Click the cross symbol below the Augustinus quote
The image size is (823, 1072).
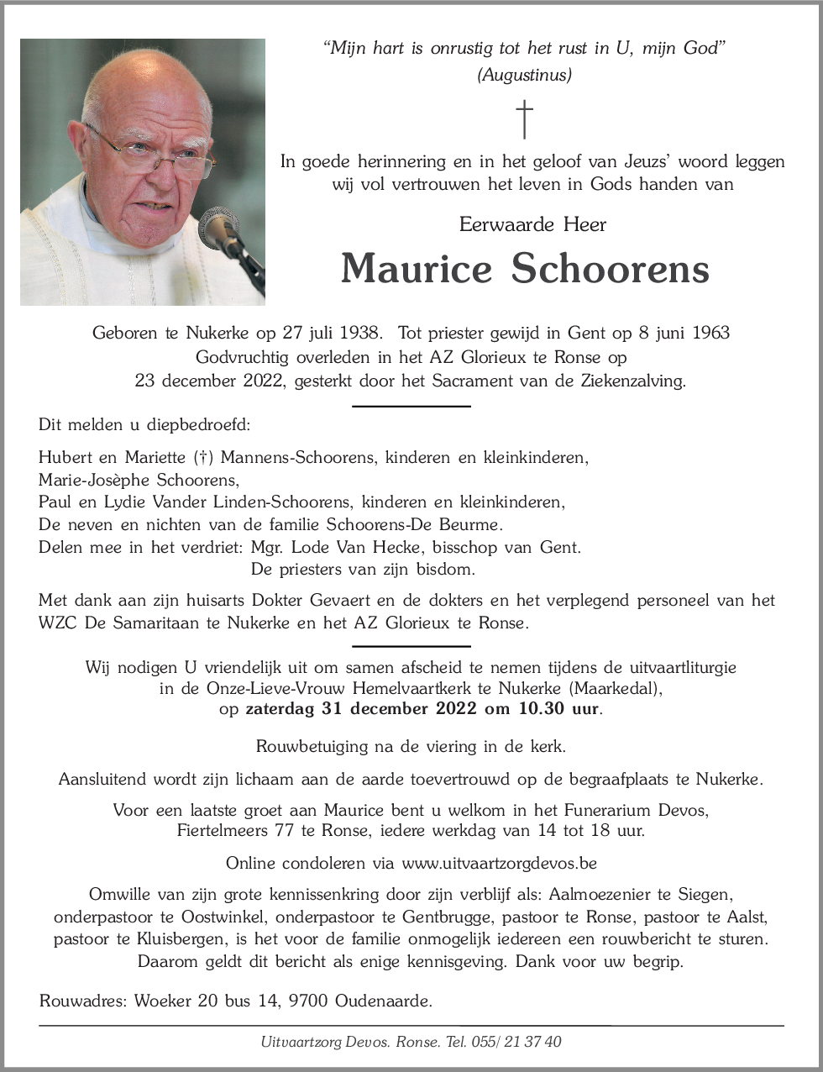tap(524, 119)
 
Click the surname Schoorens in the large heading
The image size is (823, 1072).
tap(610, 269)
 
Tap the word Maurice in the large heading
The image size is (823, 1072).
tap(416, 269)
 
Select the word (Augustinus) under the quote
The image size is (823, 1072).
tap(524, 75)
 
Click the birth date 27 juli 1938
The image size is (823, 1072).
tap(328, 333)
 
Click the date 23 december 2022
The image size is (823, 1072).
tap(211, 381)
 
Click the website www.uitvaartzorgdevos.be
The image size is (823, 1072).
tap(499, 863)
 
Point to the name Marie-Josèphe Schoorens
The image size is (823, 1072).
tap(139, 481)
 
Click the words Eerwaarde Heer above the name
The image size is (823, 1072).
tap(532, 224)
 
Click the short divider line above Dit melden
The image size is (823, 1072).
tap(411, 407)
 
